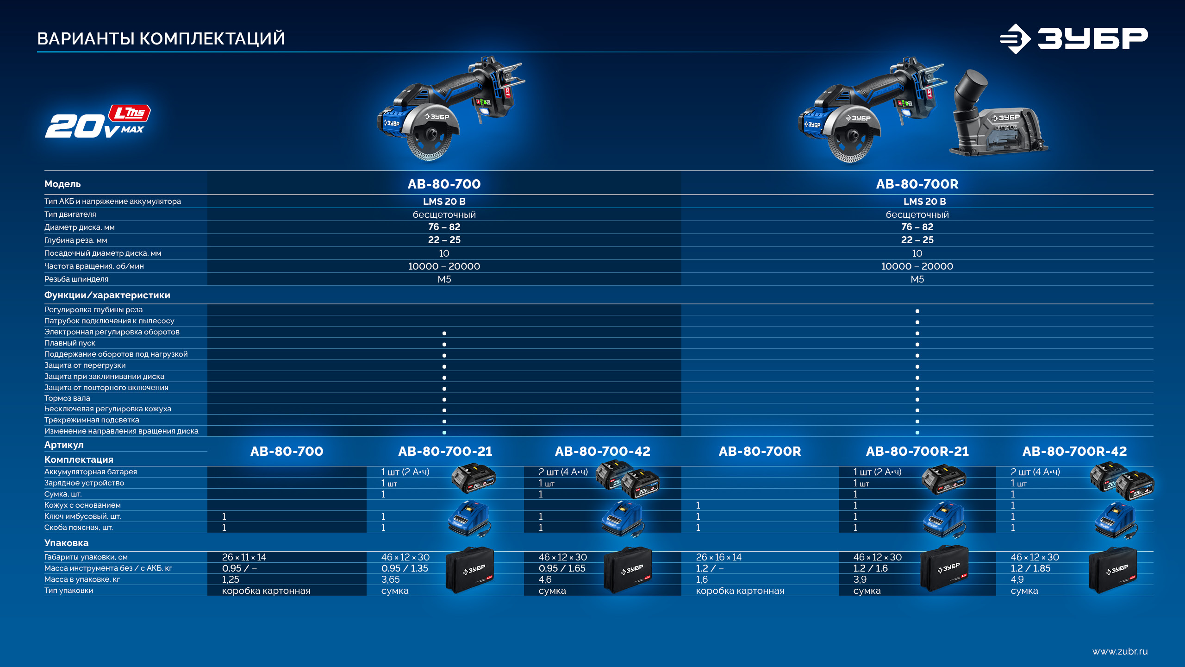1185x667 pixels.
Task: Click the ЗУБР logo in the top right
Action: point(1073,39)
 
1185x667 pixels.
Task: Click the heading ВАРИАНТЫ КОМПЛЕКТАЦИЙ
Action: point(161,38)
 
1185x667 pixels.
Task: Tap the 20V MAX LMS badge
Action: point(98,121)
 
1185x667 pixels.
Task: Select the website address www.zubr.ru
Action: point(1120,651)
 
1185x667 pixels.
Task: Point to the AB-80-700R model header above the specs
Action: point(917,184)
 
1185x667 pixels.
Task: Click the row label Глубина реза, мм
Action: point(75,240)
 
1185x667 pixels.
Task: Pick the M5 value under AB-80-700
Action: point(444,279)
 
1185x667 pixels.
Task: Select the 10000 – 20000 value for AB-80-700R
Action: point(917,266)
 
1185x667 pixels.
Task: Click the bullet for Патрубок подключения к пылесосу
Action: point(917,322)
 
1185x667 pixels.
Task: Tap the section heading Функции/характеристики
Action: point(107,295)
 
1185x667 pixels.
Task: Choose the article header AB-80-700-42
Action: point(602,451)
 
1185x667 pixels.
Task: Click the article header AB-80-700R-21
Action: point(917,451)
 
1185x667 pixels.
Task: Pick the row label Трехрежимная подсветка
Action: point(92,420)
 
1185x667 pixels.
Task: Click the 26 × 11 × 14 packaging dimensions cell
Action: point(244,557)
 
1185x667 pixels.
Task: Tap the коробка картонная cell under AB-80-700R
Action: point(740,591)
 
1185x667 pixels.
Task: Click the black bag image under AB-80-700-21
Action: point(469,570)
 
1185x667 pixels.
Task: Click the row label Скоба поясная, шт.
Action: point(78,527)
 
